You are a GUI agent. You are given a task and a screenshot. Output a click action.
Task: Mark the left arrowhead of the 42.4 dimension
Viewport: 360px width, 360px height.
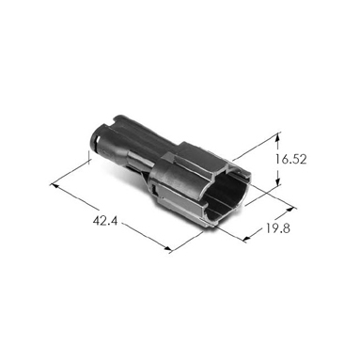point(55,186)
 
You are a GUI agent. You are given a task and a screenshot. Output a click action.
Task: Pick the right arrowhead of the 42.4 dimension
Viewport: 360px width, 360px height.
point(167,250)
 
